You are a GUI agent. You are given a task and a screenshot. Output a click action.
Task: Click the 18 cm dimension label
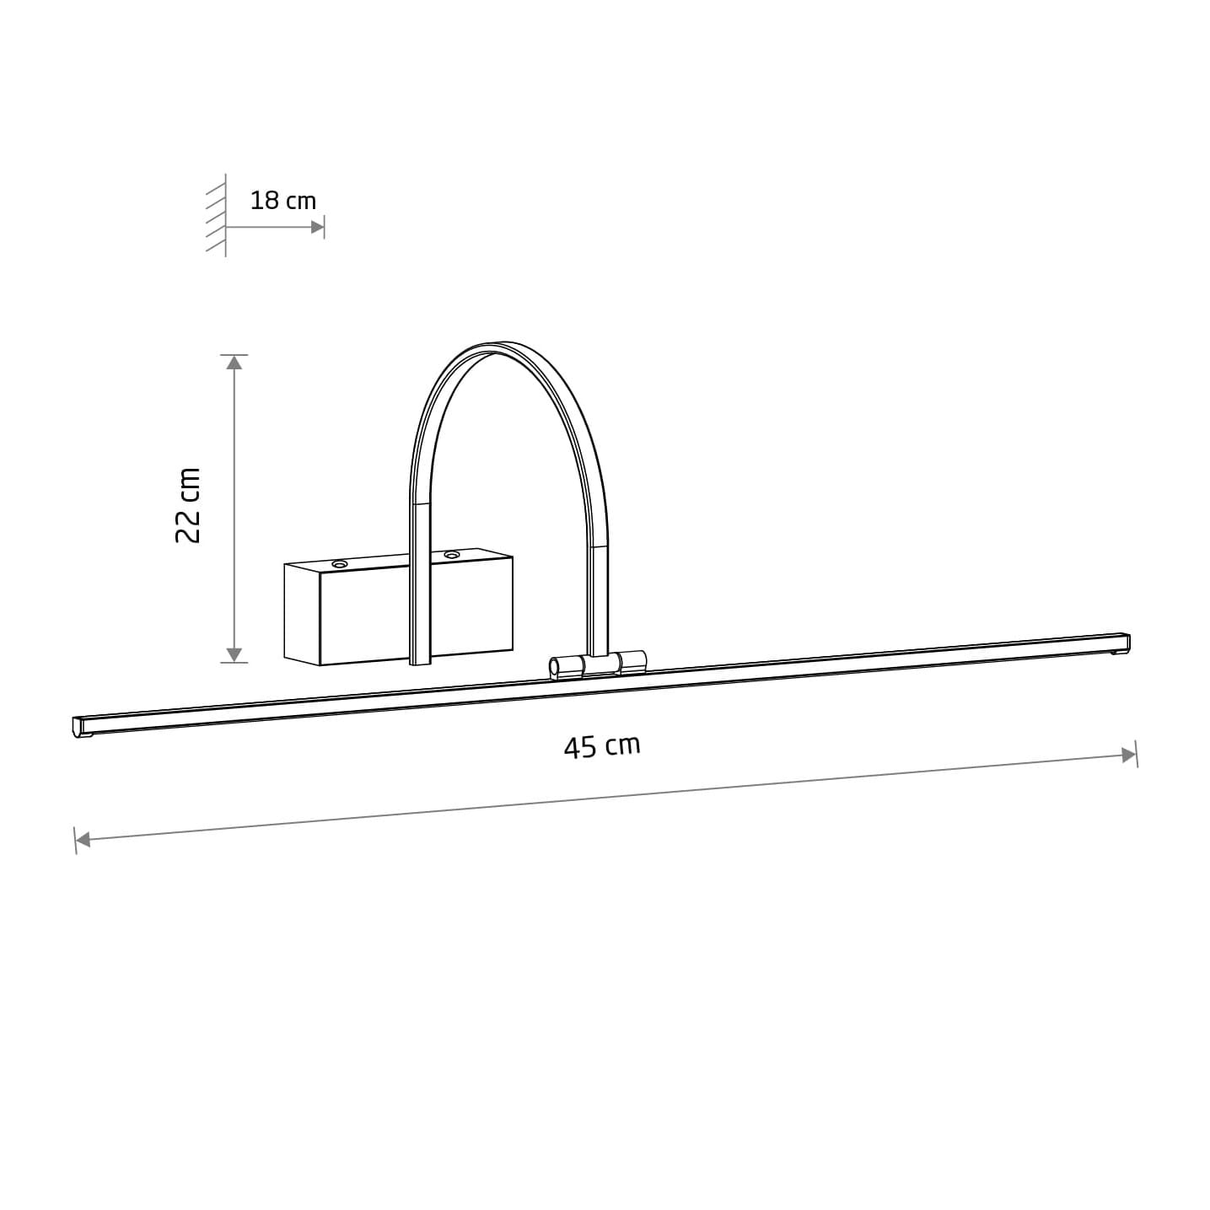[282, 201]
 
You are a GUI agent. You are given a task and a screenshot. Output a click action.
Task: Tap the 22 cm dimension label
[188, 505]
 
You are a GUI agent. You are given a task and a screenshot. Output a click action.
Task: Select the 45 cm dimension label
[602, 746]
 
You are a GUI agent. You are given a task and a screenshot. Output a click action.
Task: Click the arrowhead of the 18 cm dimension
[317, 228]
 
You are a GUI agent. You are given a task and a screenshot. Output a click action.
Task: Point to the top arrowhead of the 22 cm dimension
[234, 363]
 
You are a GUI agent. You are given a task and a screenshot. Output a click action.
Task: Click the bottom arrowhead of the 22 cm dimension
[234, 654]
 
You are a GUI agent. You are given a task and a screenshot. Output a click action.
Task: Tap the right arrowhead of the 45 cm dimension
[1129, 756]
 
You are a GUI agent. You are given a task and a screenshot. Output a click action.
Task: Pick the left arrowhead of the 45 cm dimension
[83, 840]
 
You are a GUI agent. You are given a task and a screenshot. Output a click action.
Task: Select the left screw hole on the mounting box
[339, 565]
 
